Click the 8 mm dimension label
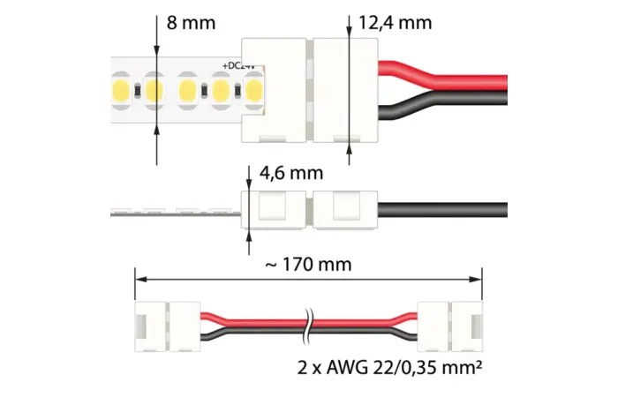point(191,23)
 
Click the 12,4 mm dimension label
point(395,23)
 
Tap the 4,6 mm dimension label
point(291,173)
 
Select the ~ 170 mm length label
point(308,265)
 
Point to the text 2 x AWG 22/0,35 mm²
point(389,368)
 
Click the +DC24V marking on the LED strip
point(239,66)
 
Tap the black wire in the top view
point(442,103)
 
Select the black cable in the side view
point(442,210)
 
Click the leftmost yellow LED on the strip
point(121,91)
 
